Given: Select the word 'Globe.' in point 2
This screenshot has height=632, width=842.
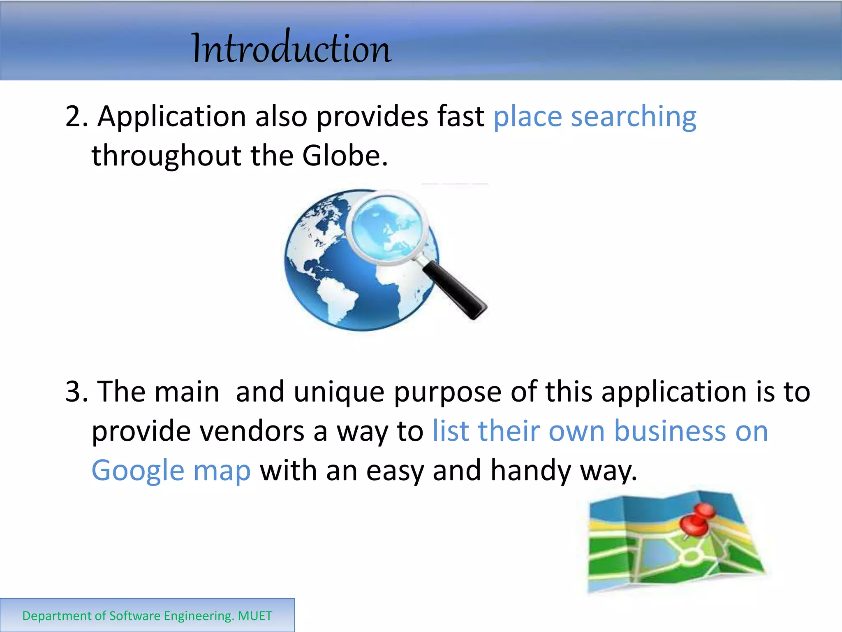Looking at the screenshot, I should (x=345, y=156).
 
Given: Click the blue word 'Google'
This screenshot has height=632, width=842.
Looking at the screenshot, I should (x=138, y=471).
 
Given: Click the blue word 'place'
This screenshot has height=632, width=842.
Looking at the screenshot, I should (x=527, y=117).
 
